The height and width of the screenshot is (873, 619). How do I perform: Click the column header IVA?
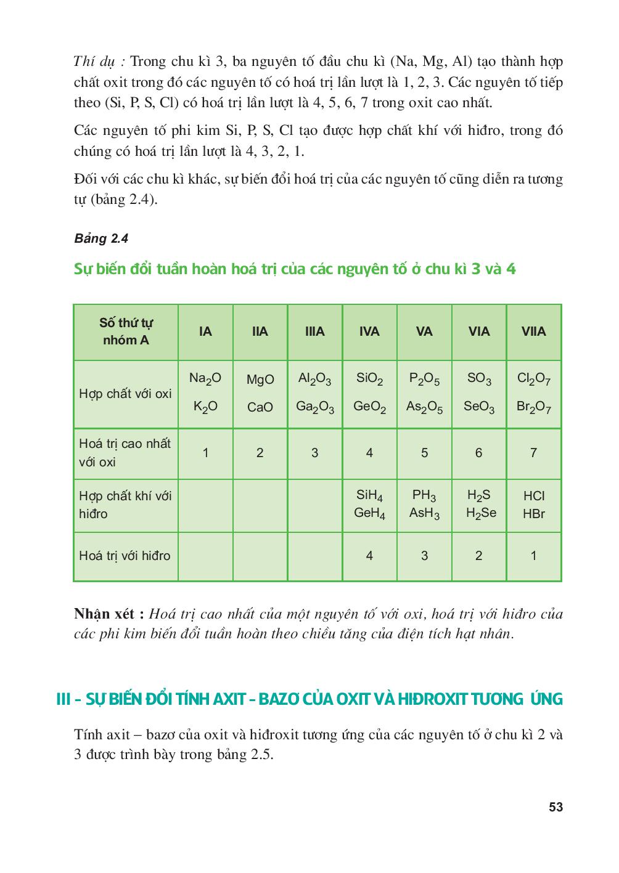tap(369, 331)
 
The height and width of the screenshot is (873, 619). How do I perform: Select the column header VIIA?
tap(533, 331)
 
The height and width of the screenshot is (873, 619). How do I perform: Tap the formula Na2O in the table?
tap(205, 378)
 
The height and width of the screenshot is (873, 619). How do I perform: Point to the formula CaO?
tap(260, 407)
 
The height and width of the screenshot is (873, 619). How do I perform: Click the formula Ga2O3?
tap(314, 407)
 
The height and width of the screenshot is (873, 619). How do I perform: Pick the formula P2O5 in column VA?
tap(424, 378)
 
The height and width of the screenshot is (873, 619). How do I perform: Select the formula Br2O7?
tap(533, 407)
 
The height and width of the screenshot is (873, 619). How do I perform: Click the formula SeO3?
tap(478, 407)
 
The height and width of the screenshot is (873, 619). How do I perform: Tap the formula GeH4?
tap(369, 513)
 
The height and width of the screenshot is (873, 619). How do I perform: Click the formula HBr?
tap(533, 513)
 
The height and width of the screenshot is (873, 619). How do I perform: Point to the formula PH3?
tap(424, 495)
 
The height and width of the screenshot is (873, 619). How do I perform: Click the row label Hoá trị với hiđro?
tap(125, 556)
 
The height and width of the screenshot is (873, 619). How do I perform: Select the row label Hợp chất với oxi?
tap(125, 394)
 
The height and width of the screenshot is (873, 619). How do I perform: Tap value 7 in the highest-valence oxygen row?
tap(533, 453)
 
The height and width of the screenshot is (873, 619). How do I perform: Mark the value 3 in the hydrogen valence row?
tap(424, 556)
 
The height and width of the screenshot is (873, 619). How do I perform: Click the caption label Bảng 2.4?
tap(101, 238)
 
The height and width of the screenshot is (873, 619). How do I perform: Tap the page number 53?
tap(555, 807)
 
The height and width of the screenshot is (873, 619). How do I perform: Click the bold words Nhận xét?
tap(109, 614)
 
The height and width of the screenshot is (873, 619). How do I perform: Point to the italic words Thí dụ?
tap(99, 62)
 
